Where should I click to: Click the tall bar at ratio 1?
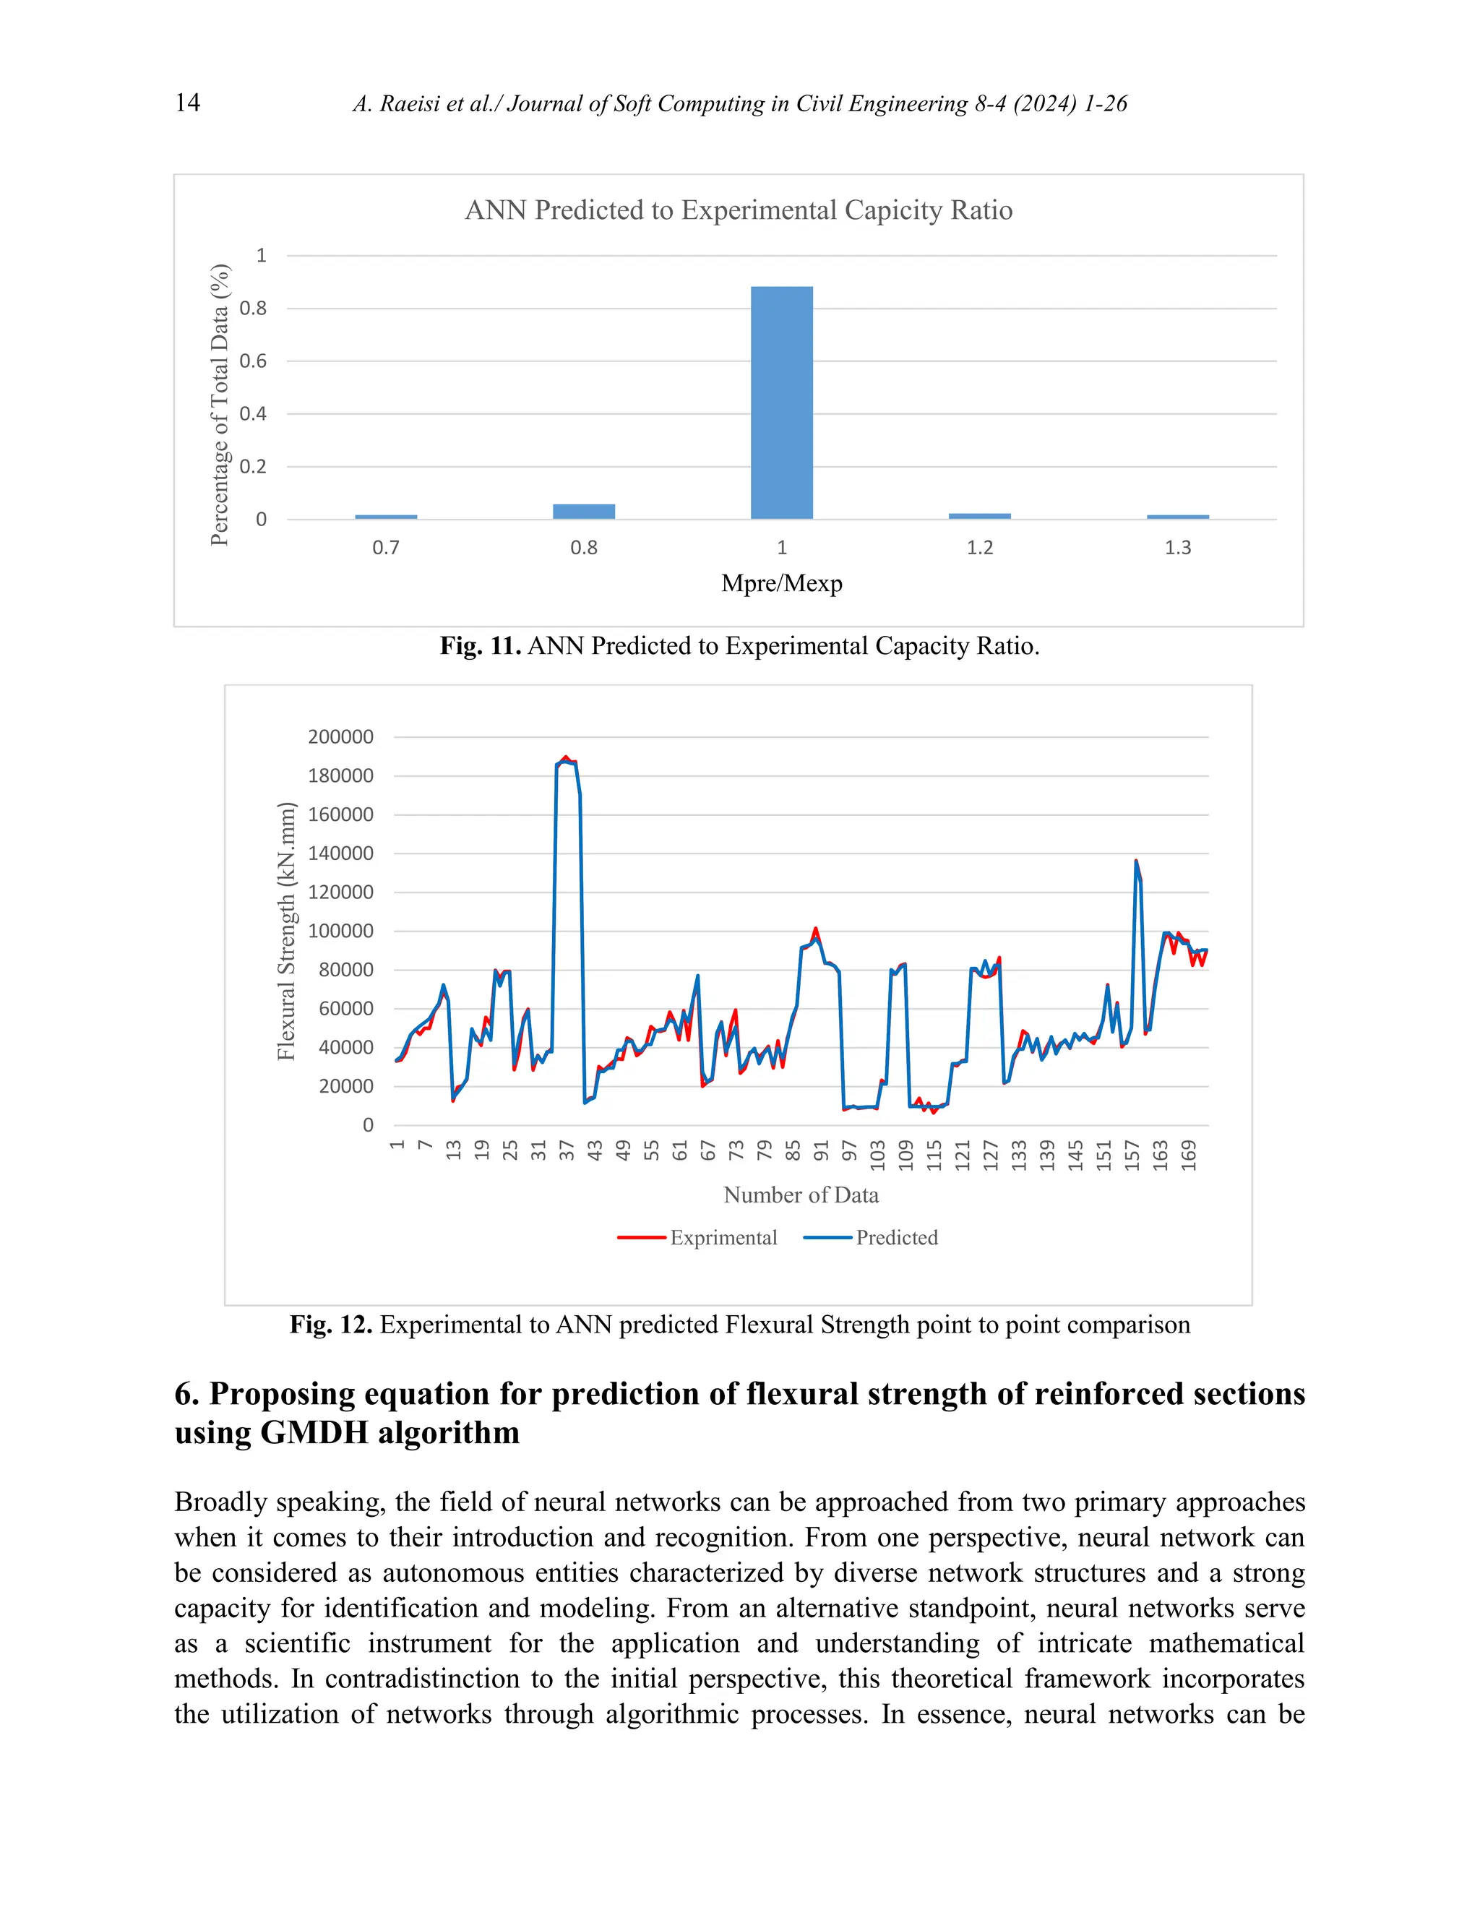[781, 403]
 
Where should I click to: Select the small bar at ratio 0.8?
[583, 511]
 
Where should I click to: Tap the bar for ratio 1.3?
[1176, 517]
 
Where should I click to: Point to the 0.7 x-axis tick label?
[386, 548]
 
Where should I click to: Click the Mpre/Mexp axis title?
[781, 584]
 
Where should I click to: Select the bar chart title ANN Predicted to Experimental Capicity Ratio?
[739, 210]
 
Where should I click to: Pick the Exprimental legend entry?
[697, 1237]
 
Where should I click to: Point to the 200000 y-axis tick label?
[340, 737]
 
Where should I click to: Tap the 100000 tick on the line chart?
[340, 931]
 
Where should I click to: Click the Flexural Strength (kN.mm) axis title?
[287, 931]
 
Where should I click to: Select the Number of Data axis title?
[801, 1195]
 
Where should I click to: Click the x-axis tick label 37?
[567, 1150]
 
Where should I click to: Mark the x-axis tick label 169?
[1188, 1155]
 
